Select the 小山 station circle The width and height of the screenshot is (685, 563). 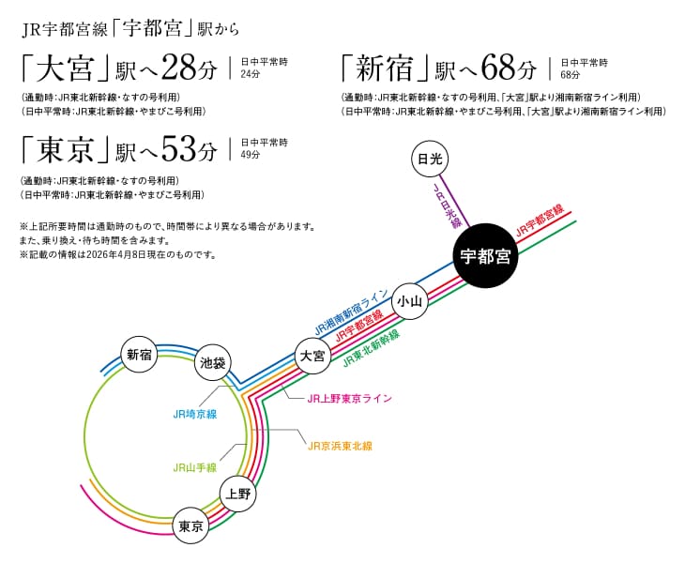point(410,300)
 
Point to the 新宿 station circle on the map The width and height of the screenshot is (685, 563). point(140,354)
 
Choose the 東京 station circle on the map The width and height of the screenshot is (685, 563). point(190,526)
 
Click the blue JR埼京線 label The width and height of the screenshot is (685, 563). point(194,413)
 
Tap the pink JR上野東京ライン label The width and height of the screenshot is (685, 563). point(349,398)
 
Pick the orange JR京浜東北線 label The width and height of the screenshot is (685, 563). point(340,445)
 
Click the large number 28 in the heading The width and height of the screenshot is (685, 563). point(180,68)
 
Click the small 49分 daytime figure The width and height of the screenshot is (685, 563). point(251,155)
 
